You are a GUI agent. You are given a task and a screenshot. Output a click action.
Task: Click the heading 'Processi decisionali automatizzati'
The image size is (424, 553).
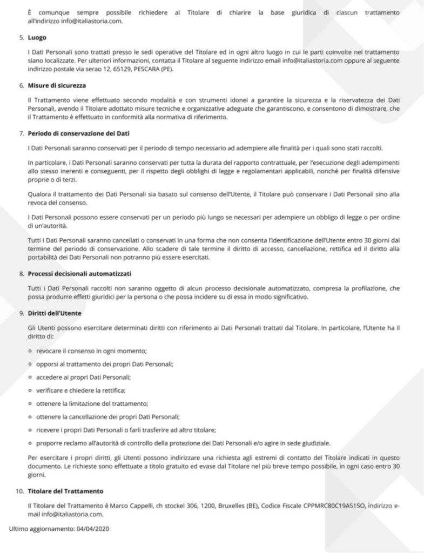click(79, 274)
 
